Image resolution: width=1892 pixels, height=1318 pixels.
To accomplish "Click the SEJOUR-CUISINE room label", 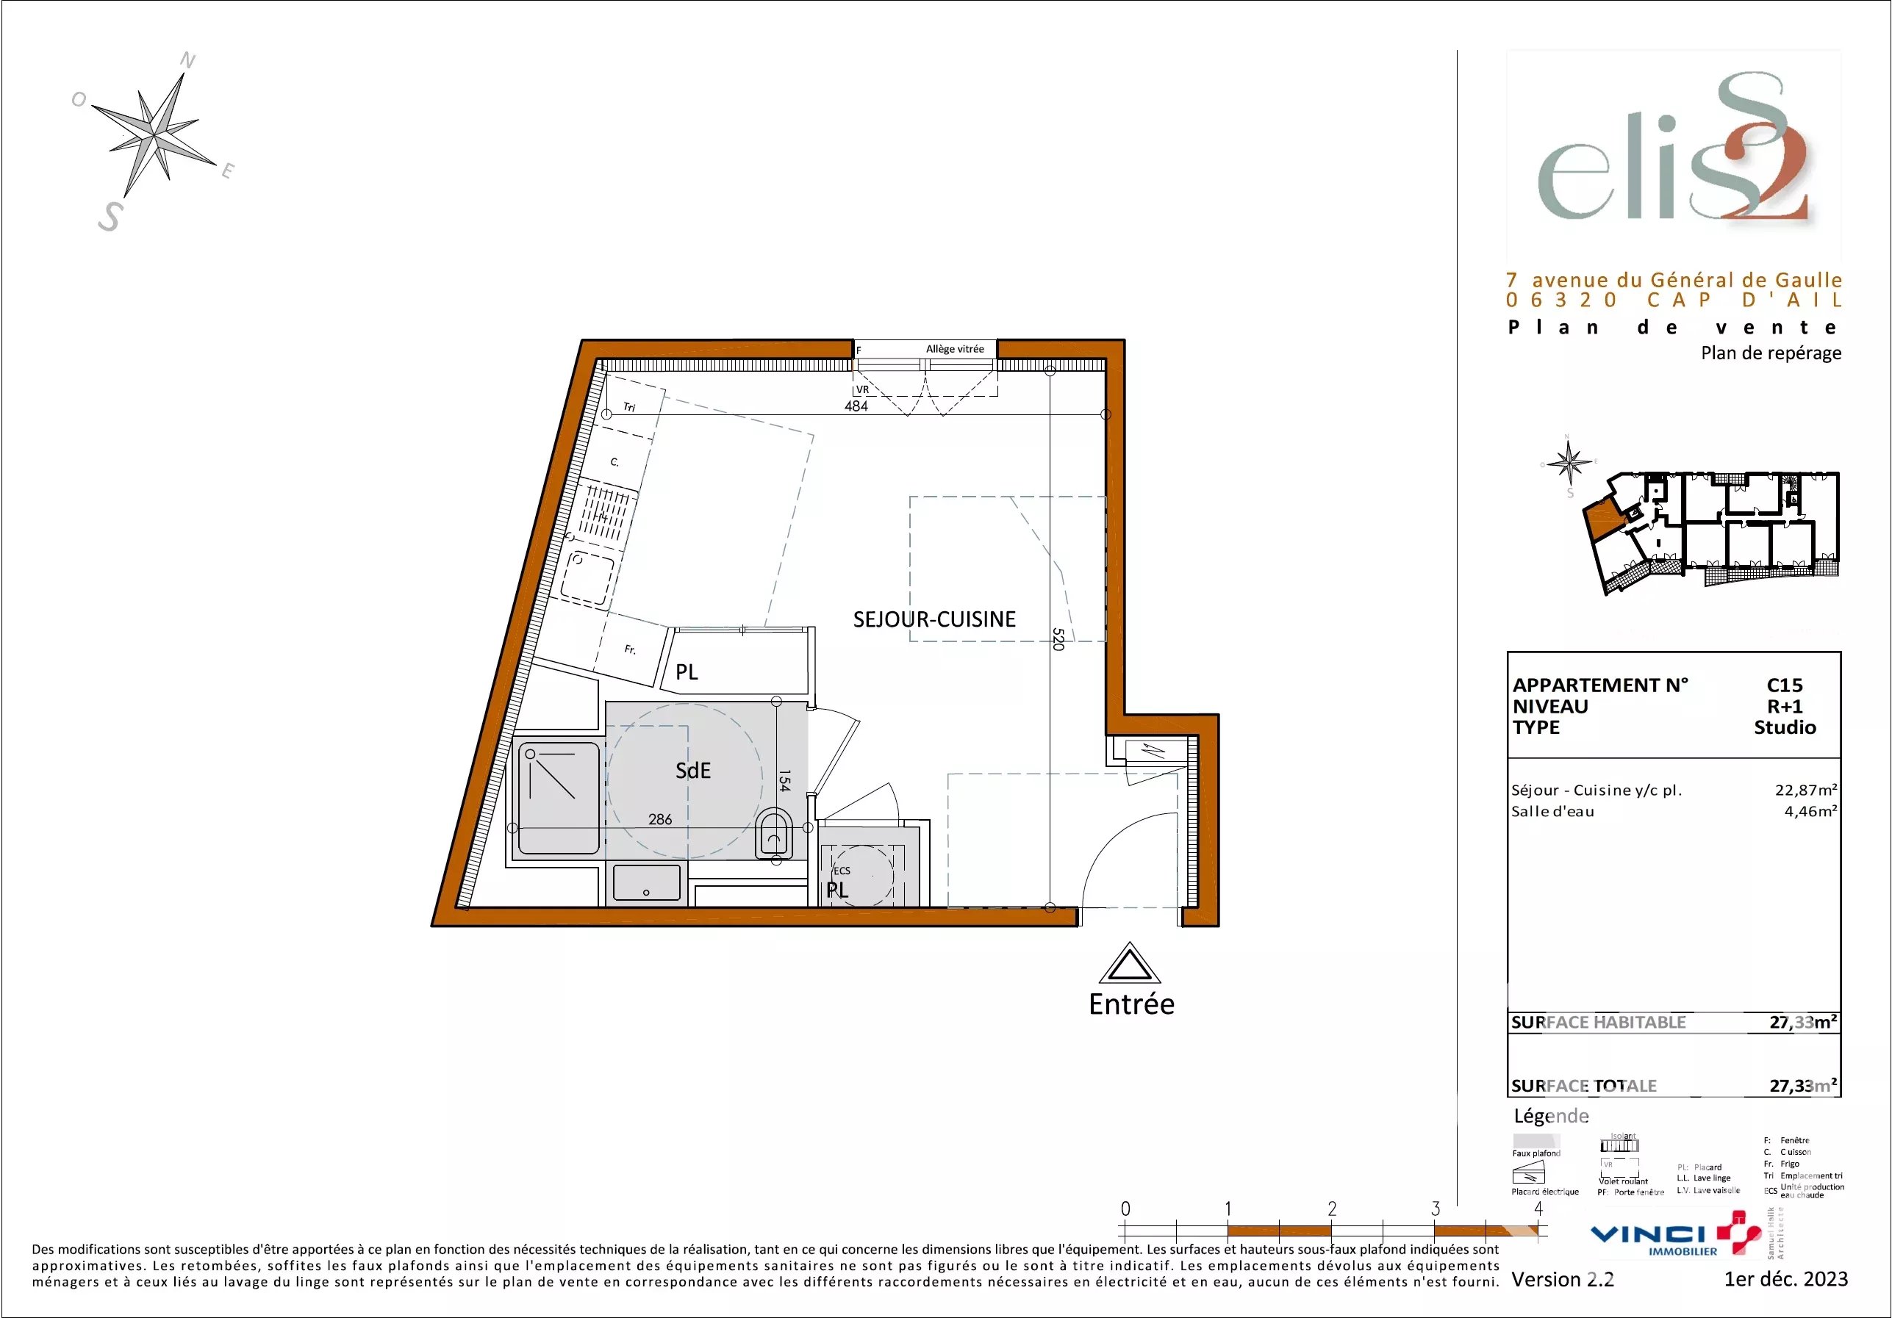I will tap(934, 619).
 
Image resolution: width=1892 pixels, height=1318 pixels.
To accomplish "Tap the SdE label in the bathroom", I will tap(693, 771).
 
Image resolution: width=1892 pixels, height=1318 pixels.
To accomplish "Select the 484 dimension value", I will tap(856, 406).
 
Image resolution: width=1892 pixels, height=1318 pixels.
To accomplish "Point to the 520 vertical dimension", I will tap(1059, 639).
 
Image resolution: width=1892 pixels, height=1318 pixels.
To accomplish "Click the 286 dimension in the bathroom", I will tap(660, 820).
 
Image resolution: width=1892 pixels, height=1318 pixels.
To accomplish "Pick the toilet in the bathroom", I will tap(774, 835).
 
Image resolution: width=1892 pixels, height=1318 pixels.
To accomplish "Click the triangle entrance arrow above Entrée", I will tap(1130, 965).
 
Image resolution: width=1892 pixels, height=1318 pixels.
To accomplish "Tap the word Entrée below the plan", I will tap(1131, 1005).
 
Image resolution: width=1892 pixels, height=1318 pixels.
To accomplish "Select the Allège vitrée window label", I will tap(954, 349).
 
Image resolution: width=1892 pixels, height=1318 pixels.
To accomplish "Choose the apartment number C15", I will tap(1785, 685).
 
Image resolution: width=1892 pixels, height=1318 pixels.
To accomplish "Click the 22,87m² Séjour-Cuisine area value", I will tap(1805, 790).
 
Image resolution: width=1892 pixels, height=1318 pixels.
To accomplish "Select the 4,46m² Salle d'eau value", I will tap(1810, 811).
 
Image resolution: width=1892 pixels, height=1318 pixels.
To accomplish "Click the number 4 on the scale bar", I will tap(1538, 1209).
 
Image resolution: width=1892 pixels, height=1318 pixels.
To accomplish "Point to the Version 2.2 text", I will tap(1563, 1279).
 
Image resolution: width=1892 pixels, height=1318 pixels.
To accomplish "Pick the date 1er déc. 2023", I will tap(1785, 1279).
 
